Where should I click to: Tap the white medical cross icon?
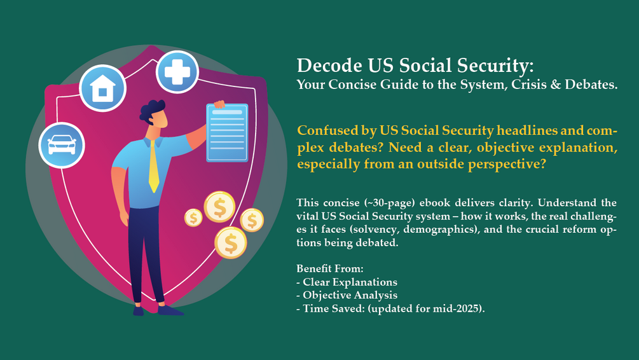pyautogui.click(x=177, y=71)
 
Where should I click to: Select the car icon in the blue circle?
pyautogui.click(x=61, y=145)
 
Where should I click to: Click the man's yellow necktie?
pyautogui.click(x=153, y=166)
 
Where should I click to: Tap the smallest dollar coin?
pyautogui.click(x=193, y=218)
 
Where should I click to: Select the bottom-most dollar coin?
pyautogui.click(x=230, y=242)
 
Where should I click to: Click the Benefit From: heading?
pyautogui.click(x=329, y=269)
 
